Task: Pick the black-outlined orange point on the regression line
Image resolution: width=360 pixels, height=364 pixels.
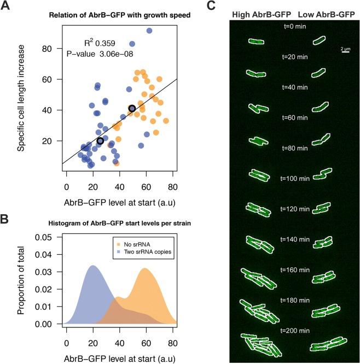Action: click(x=132, y=109)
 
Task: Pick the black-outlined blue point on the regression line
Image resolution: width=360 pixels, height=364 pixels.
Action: click(x=100, y=141)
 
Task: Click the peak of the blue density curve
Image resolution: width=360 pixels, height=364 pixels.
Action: click(x=92, y=266)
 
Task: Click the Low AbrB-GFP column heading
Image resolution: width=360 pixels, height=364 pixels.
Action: click(x=326, y=15)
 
